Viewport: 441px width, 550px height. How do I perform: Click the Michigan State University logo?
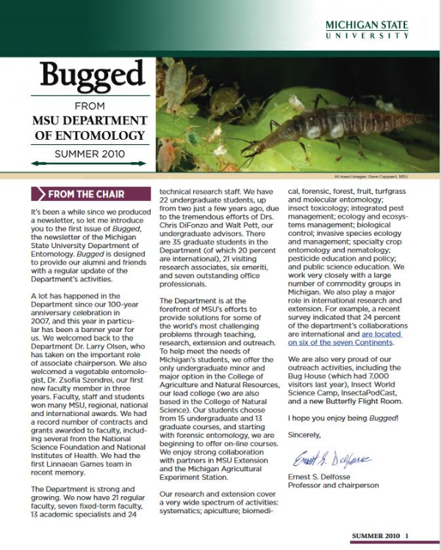367,30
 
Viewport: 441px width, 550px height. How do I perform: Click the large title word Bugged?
92,75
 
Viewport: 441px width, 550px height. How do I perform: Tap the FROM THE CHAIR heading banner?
85,194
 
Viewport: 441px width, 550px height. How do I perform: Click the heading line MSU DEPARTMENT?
90,121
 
